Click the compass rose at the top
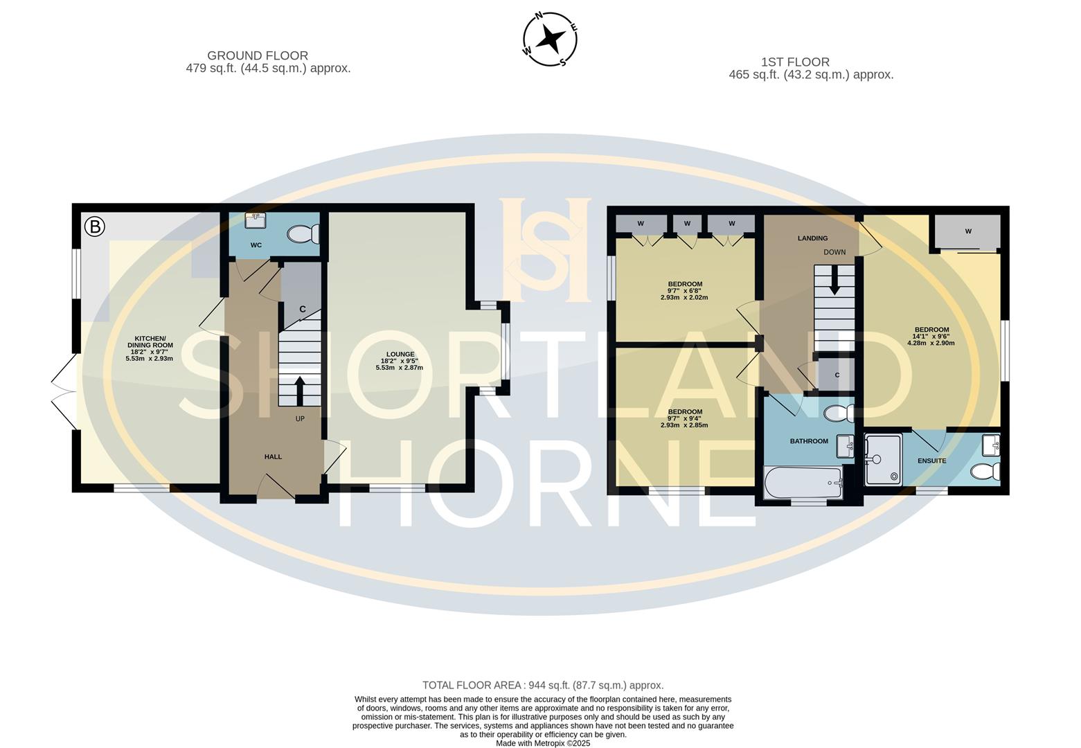(549, 39)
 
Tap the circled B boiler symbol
(94, 226)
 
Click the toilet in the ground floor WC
(302, 235)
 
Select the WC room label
(256, 245)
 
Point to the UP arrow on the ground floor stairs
(299, 391)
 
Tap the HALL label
(273, 456)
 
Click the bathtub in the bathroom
(803, 482)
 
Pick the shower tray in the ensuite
(883, 458)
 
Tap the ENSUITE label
(931, 461)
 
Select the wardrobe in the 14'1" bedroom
(967, 231)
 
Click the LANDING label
(812, 238)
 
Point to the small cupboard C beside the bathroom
(837, 375)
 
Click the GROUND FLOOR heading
(258, 55)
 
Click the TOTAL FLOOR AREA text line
(542, 686)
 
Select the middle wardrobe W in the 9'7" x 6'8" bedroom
(687, 224)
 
